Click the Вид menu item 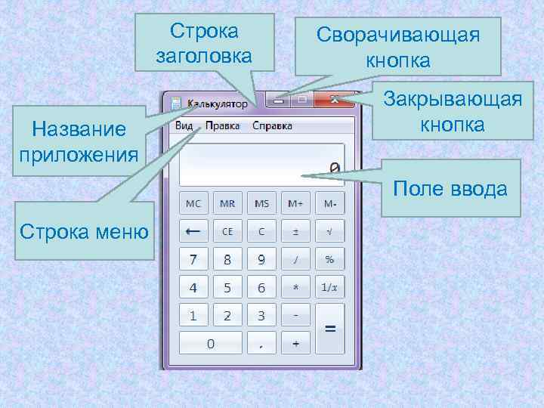point(184,125)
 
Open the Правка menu point(222,125)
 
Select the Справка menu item point(273,125)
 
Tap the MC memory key point(193,204)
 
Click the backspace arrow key point(193,231)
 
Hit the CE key point(227,231)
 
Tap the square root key point(329,231)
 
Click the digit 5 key point(227,288)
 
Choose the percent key point(329,260)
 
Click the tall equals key point(329,329)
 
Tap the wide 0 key point(210,344)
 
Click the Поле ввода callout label point(450,188)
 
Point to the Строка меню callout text point(83,230)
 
